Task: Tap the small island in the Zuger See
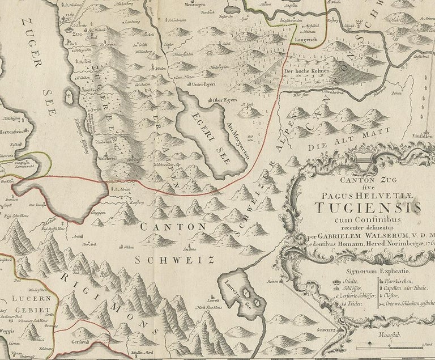(x=69, y=95)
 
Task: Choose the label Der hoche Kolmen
(x=307, y=72)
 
